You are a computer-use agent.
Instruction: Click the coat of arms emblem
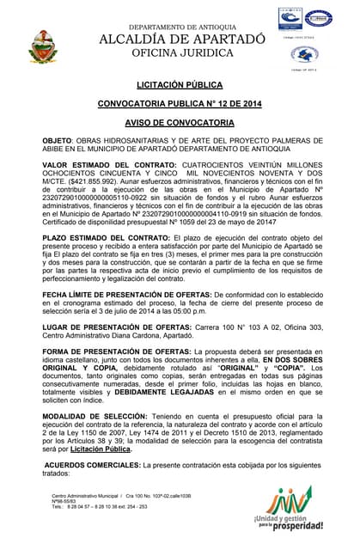pyautogui.click(x=44, y=46)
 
